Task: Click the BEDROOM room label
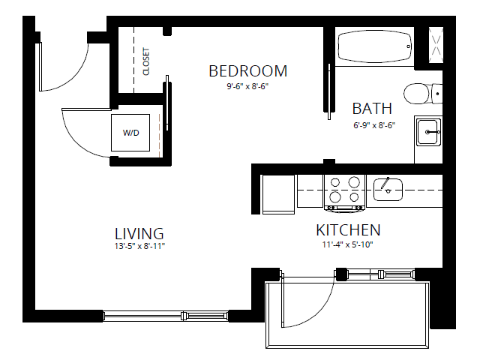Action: point(247,71)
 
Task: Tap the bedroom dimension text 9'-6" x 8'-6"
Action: point(247,86)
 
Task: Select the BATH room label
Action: point(372,109)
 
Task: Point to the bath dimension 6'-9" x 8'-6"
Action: point(373,124)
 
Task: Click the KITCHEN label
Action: point(347,230)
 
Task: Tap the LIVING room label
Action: point(139,232)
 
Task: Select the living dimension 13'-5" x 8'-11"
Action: point(139,246)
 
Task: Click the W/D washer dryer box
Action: point(131,133)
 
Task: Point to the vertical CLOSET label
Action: point(146,62)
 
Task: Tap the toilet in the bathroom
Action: point(419,94)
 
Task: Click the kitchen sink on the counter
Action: point(388,187)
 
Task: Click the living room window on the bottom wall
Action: point(165,314)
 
